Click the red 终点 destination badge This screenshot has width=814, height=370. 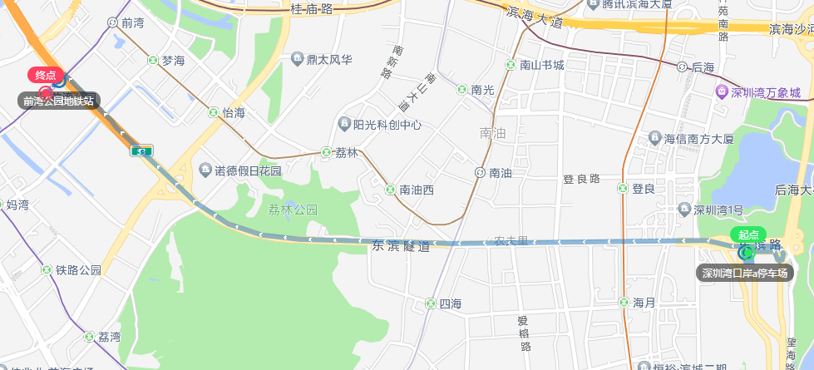click(x=46, y=75)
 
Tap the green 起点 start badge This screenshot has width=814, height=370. click(x=748, y=234)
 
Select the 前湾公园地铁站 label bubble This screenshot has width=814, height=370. click(x=58, y=101)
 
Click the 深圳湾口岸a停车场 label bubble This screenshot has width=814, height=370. click(x=744, y=273)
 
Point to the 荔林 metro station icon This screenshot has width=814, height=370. click(x=327, y=152)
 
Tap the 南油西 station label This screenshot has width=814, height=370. click(x=417, y=190)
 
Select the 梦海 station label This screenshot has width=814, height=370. click(x=173, y=60)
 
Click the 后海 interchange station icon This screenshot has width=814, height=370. click(x=683, y=67)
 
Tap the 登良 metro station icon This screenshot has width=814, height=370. click(x=623, y=189)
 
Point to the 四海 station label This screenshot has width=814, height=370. click(x=450, y=303)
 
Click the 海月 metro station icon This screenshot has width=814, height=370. click(x=623, y=302)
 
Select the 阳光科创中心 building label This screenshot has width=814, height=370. click(x=387, y=126)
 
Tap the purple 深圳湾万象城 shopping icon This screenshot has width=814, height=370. click(x=721, y=91)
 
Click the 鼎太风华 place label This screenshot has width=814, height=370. click(x=329, y=60)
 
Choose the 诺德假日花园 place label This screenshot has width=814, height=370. click(x=248, y=170)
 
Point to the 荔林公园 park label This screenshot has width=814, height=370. click(x=294, y=210)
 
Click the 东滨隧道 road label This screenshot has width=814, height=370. click(x=402, y=246)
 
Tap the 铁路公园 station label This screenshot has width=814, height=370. click(x=78, y=270)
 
